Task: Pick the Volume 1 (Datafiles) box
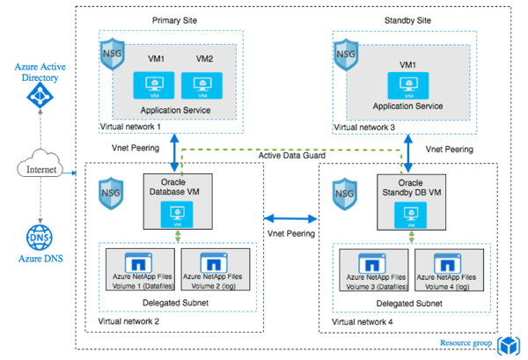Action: [x=139, y=267]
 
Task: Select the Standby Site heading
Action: [x=406, y=18]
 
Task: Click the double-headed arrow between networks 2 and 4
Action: [x=291, y=216]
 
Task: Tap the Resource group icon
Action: [x=507, y=344]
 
